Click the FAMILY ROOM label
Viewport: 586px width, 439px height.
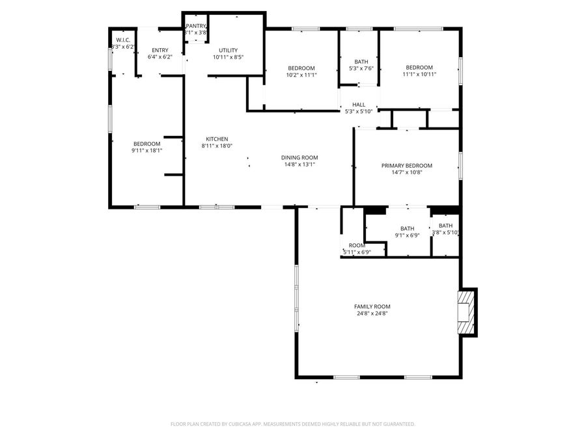372,306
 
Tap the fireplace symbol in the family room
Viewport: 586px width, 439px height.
466,312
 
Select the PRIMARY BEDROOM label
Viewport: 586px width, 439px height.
406,166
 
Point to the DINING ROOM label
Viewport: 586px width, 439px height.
300,157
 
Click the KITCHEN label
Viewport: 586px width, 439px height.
217,139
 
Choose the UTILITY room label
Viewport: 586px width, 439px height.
228,50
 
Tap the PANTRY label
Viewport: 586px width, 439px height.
195,25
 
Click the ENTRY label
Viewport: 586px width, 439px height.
160,50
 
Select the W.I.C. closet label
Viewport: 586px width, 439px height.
123,40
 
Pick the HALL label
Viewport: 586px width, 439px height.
359,104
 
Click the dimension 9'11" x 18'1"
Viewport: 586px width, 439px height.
146,151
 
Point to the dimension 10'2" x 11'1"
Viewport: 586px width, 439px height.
301,75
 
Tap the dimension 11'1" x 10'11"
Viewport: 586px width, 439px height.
419,74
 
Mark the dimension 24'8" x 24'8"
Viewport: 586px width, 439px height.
372,313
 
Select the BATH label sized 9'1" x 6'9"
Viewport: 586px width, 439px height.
407,228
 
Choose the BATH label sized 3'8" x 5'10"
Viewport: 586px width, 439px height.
445,226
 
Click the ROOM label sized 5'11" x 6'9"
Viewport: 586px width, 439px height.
356,245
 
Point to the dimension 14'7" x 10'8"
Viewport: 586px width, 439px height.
406,173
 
